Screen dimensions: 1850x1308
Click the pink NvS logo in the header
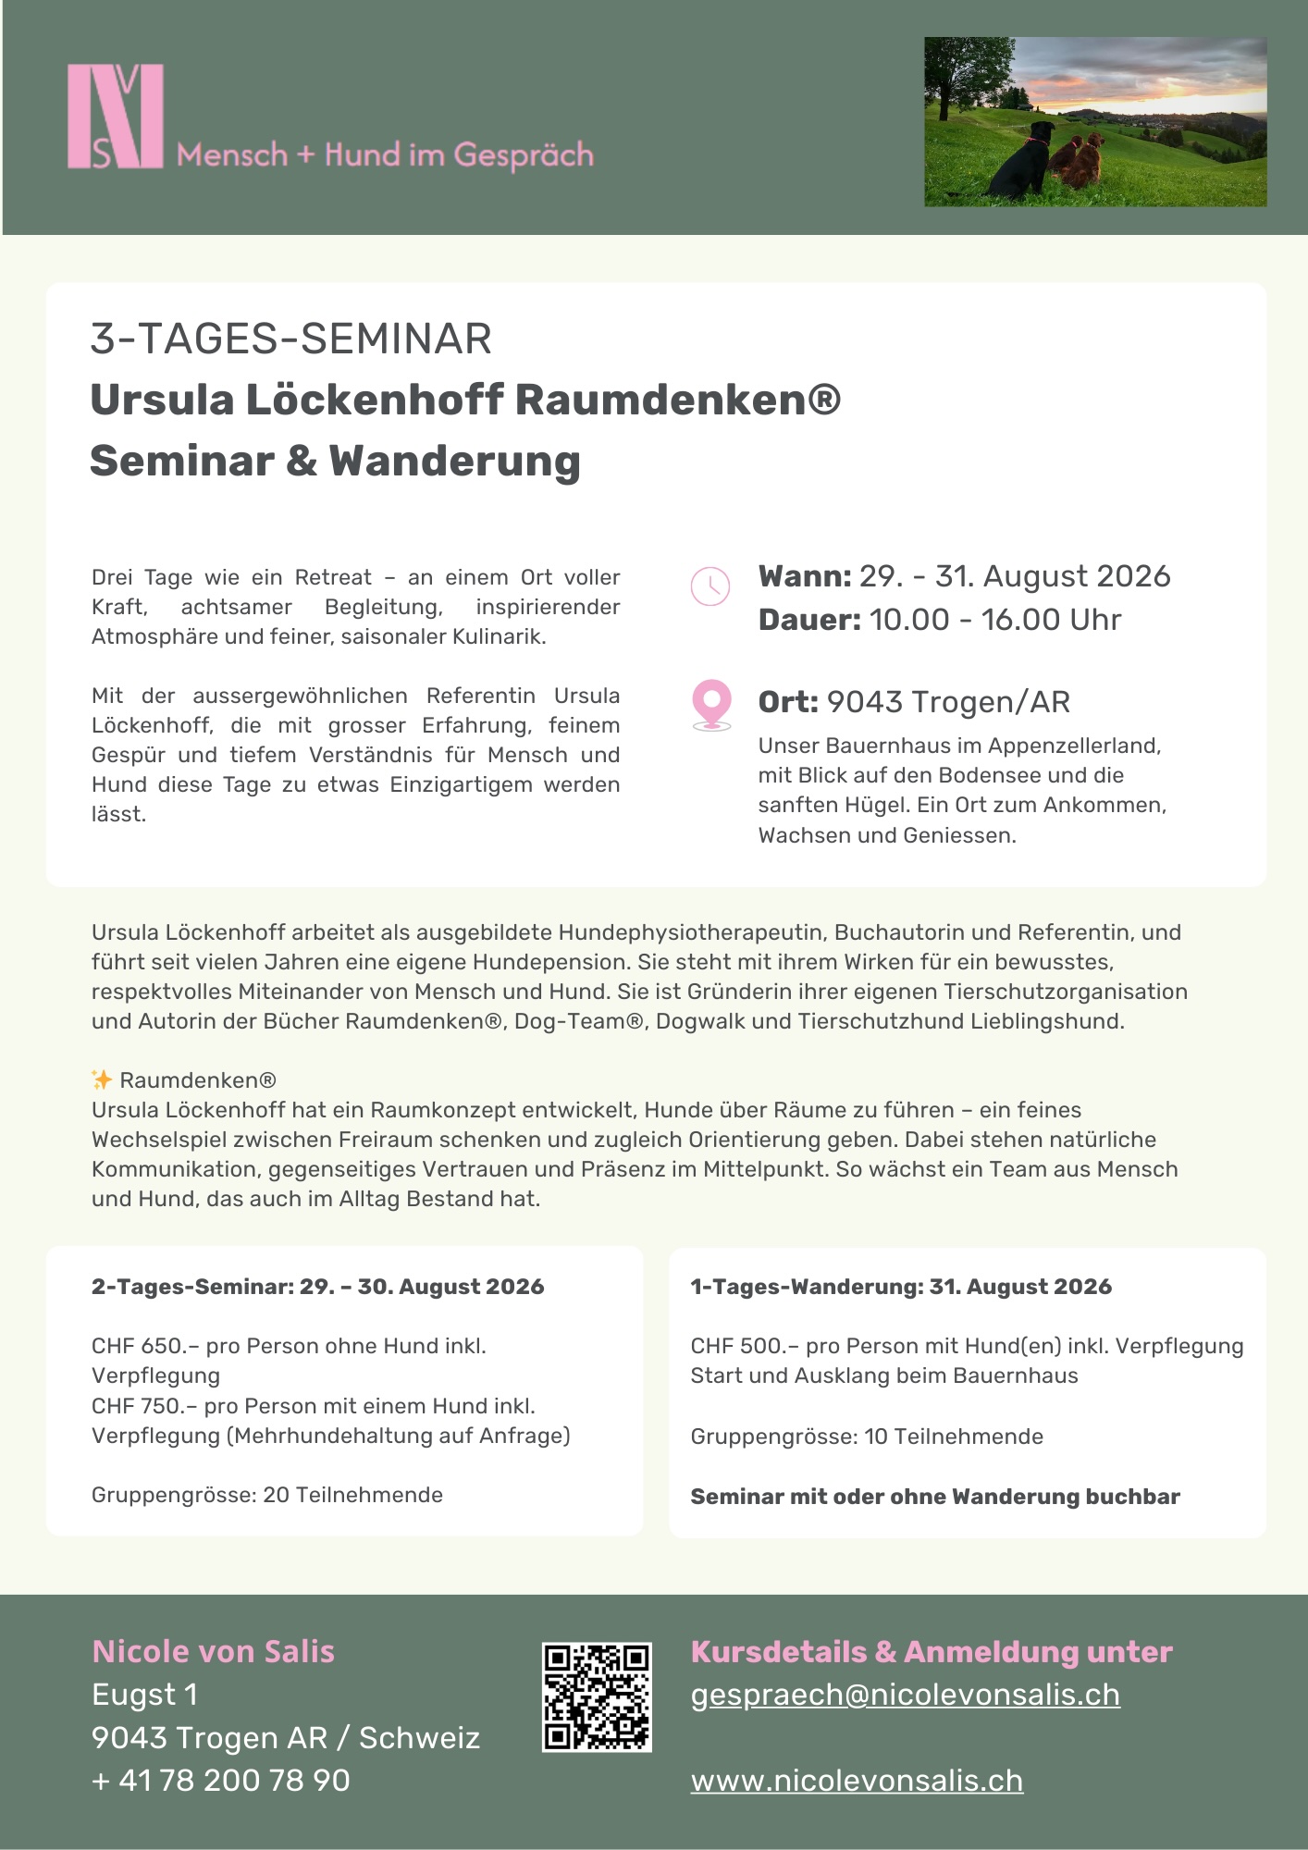coord(116,117)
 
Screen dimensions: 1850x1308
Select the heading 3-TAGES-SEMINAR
coord(290,339)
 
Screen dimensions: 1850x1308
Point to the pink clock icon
coord(710,586)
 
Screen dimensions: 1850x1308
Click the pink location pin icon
coord(711,704)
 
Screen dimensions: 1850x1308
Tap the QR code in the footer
coord(597,1696)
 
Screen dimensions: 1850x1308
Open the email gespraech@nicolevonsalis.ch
coord(905,1695)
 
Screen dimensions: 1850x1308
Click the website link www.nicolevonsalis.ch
coord(857,1781)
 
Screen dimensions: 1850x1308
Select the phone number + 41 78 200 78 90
coord(221,1781)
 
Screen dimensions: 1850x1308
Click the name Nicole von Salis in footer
coord(213,1652)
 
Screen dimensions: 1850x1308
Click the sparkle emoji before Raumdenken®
coord(102,1079)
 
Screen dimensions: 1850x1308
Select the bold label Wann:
coord(804,576)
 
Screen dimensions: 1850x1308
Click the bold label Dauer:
coord(809,620)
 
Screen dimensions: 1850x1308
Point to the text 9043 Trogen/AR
coord(948,702)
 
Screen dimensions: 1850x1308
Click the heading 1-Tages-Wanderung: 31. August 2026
coord(900,1287)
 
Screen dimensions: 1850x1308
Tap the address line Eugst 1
coord(144,1695)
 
